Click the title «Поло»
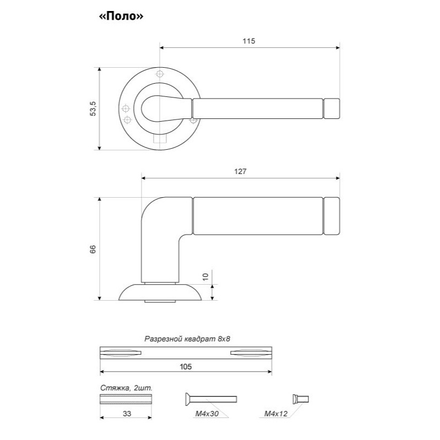pos(121,17)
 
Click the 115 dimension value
pos(249,41)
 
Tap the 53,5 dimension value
pos(93,108)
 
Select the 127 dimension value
pos(241,171)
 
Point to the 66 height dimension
pos(93,249)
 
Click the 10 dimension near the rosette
pos(206,276)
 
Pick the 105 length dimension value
pos(186,367)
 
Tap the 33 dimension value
pos(127,414)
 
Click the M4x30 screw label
pos(207,414)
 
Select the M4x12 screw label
pos(276,414)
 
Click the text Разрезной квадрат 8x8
pos(187,339)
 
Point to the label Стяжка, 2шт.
pos(126,388)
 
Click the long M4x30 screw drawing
pos(211,399)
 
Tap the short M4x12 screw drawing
pos(301,399)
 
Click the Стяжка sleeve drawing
pos(126,399)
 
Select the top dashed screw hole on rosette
pos(160,74)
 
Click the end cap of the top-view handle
pos(332,108)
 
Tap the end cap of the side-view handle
pos(332,216)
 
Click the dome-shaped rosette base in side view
pos(160,292)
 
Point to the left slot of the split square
pos(121,353)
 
